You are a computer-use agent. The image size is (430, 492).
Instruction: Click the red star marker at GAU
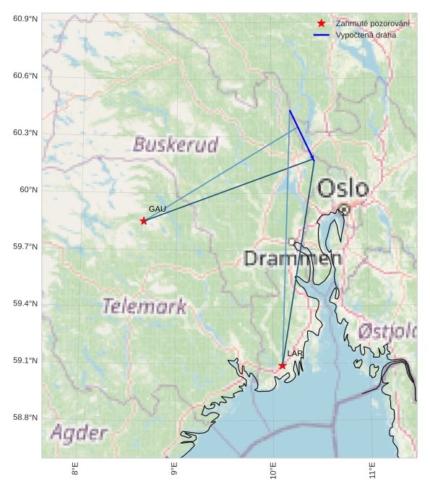(144, 220)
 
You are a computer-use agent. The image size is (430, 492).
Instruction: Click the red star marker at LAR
(283, 366)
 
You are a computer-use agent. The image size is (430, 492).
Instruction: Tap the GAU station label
(158, 209)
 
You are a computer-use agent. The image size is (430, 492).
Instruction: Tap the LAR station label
(295, 353)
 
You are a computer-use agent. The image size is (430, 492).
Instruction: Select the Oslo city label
(343, 189)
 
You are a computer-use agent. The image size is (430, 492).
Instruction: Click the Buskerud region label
(176, 144)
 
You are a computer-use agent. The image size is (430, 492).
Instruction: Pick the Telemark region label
(144, 306)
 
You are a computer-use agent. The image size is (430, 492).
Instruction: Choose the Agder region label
(79, 433)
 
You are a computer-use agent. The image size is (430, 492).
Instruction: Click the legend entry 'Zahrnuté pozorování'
(372, 24)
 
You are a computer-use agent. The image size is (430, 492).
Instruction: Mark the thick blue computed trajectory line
(301, 134)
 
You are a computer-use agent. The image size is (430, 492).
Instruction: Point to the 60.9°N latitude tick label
(25, 19)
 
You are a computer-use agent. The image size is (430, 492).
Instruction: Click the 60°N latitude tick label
(28, 190)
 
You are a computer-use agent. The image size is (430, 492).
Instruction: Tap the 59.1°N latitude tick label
(25, 361)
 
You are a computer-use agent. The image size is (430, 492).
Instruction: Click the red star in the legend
(322, 24)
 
